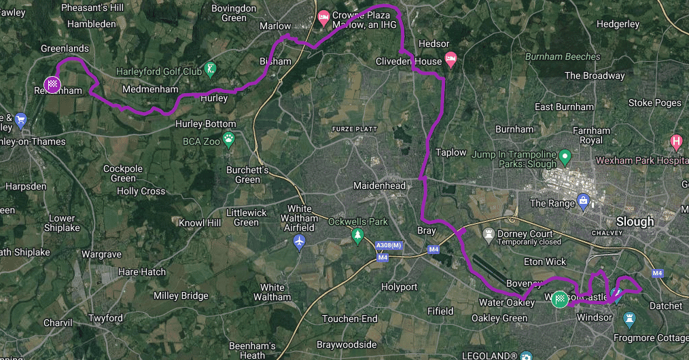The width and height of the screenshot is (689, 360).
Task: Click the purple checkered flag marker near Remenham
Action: click(x=53, y=84)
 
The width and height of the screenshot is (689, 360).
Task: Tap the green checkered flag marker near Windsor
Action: click(x=559, y=300)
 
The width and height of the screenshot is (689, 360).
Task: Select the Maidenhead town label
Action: click(x=379, y=185)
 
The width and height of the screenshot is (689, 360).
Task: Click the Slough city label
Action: click(x=635, y=221)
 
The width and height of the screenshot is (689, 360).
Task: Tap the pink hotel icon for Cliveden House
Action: click(x=448, y=61)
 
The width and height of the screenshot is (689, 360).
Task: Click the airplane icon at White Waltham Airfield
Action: click(x=300, y=242)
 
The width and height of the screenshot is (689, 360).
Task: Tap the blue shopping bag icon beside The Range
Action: click(x=582, y=202)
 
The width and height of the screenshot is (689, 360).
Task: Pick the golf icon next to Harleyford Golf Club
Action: click(x=211, y=69)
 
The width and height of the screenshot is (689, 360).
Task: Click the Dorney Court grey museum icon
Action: click(x=488, y=234)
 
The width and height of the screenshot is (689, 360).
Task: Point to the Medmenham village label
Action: click(x=149, y=90)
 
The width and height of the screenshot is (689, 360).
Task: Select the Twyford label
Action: click(x=105, y=318)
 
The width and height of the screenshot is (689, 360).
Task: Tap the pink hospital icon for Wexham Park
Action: click(x=675, y=142)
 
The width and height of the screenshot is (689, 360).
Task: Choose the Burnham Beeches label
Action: click(x=563, y=57)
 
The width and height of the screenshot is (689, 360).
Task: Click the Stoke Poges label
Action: click(x=654, y=103)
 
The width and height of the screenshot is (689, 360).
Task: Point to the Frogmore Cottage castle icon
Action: click(x=630, y=319)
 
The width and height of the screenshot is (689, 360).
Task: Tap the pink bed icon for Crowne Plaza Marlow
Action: click(x=324, y=16)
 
